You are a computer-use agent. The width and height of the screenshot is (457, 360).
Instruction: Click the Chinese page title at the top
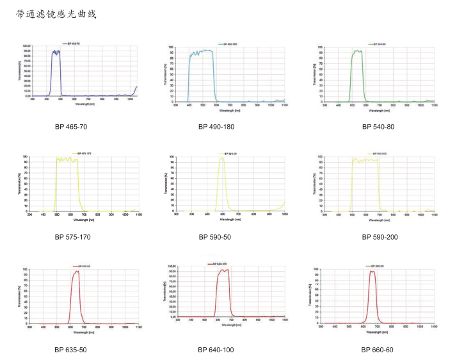(56, 13)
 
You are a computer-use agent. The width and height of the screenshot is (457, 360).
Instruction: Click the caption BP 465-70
(70, 127)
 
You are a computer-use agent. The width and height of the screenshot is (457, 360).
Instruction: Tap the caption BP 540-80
(378, 127)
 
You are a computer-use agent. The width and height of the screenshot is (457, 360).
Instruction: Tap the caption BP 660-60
(378, 350)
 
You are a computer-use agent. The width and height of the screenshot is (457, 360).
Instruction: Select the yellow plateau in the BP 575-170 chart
(67, 160)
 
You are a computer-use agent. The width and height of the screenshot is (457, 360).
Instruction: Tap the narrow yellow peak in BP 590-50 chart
(221, 160)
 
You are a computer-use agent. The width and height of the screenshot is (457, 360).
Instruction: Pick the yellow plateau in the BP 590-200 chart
(365, 160)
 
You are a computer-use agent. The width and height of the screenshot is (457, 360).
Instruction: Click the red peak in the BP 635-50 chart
(77, 273)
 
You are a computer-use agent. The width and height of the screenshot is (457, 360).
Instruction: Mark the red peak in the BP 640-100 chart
(223, 272)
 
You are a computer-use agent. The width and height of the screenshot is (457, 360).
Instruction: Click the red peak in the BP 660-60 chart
(372, 273)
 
